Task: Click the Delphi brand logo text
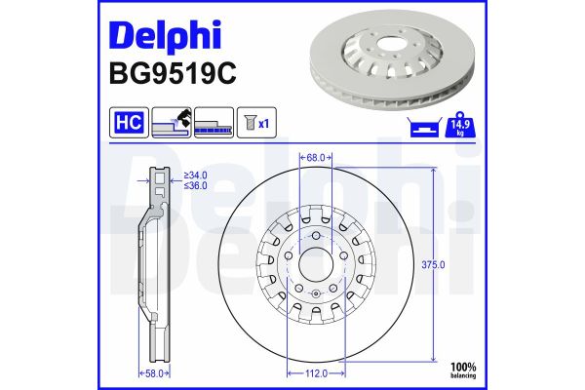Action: [x=165, y=34]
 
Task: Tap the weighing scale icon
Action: [x=423, y=125]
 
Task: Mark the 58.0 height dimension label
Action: [x=154, y=371]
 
